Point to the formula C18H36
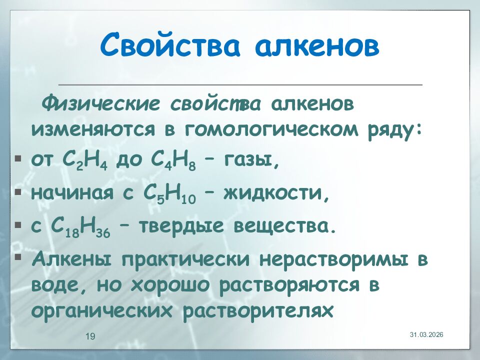click(82, 226)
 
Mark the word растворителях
click(258, 311)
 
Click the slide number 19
click(90, 336)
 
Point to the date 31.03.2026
click(427, 334)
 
